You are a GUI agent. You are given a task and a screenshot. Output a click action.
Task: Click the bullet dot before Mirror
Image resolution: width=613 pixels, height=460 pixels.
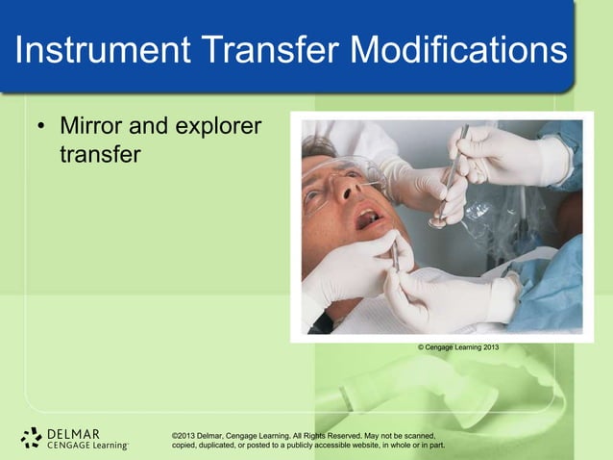click(x=41, y=127)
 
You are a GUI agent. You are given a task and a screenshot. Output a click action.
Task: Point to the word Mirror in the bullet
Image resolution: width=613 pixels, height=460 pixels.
click(x=91, y=126)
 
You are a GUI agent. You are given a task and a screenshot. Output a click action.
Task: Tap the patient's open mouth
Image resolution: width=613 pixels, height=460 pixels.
click(x=369, y=219)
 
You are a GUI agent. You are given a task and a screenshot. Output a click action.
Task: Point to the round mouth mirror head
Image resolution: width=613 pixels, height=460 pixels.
click(x=437, y=222)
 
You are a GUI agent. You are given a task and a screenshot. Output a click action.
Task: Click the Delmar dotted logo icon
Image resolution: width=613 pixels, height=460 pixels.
click(x=31, y=438)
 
